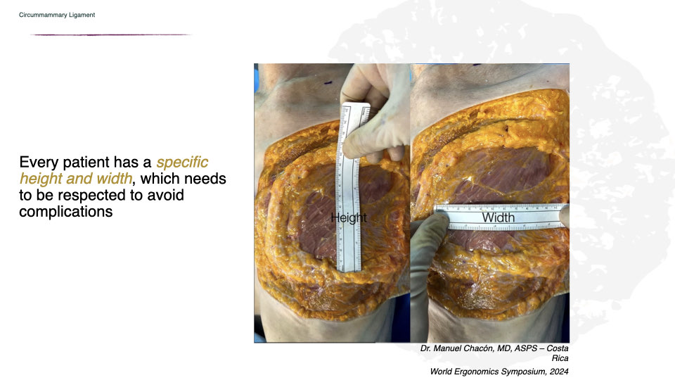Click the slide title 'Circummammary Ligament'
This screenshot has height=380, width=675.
tap(57, 15)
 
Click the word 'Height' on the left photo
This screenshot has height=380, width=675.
tap(349, 218)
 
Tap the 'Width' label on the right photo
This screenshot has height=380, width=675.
tap(498, 218)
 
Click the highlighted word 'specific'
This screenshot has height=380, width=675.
tap(183, 163)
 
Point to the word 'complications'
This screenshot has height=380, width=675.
tap(66, 211)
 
